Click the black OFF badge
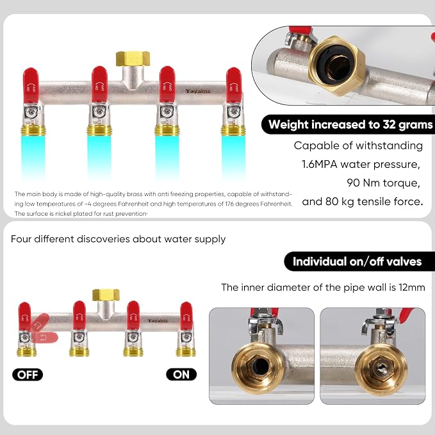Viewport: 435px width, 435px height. coord(28,375)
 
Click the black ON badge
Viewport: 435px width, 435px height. coord(181,375)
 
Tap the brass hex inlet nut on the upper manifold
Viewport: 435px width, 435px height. coord(133,59)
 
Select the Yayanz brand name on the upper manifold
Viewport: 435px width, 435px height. coord(198,91)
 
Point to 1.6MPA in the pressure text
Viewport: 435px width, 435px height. coord(319,164)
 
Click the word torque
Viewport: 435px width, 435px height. coord(402,183)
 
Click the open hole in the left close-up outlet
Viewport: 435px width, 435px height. coord(260,367)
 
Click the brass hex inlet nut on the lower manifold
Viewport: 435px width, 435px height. coord(106,294)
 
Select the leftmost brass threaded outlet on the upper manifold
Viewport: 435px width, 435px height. coord(33,131)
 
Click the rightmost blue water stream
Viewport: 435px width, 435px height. coord(233,157)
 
